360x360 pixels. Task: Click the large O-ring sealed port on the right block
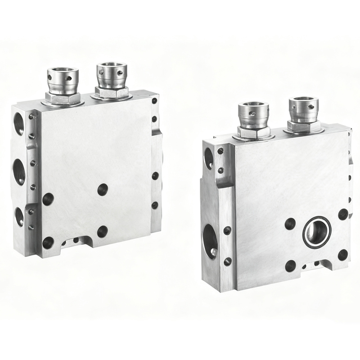coord(317,232)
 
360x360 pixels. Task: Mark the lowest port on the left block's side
coord(19,216)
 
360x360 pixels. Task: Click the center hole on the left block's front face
coord(103,189)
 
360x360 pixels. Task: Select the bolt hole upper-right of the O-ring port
coord(343,214)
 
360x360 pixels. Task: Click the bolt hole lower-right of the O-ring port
coord(343,255)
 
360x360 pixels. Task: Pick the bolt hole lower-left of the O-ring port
coord(290,265)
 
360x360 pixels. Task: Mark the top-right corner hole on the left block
coord(154,101)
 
